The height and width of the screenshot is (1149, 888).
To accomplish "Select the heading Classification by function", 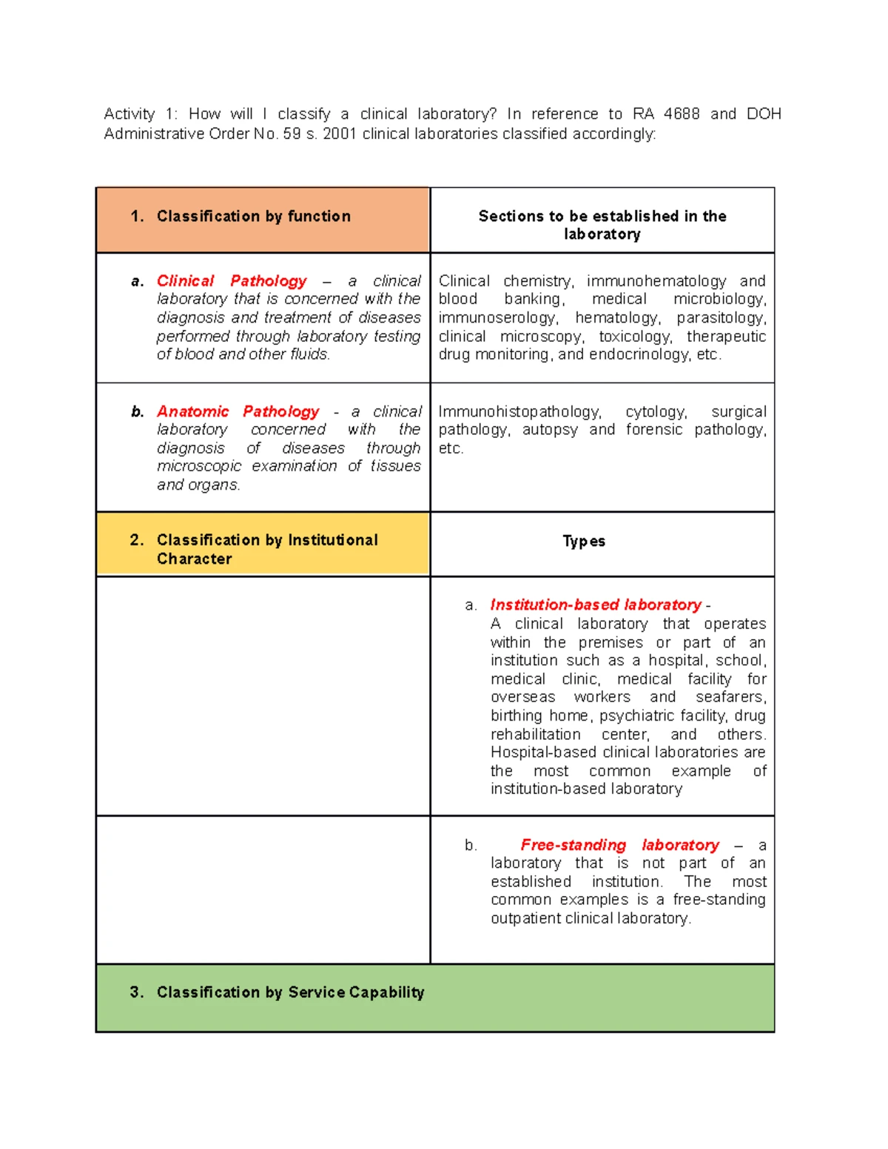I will click(253, 216).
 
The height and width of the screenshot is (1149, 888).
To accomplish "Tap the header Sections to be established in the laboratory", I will click(602, 225).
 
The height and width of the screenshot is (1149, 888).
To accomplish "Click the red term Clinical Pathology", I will click(232, 281).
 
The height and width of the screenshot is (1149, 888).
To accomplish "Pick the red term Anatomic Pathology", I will click(238, 411).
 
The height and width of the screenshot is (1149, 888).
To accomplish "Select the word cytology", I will click(656, 411).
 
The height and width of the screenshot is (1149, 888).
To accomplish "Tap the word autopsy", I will click(550, 430).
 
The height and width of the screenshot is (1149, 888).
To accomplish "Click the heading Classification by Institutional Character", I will click(266, 549).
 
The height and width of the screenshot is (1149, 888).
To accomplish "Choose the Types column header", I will click(584, 541).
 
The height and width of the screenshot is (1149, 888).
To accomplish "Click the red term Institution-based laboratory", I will click(596, 605).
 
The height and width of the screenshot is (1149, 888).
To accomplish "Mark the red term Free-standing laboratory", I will click(619, 845).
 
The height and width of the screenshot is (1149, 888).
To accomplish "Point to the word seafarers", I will click(730, 697).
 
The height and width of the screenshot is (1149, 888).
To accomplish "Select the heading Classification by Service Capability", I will click(290, 992).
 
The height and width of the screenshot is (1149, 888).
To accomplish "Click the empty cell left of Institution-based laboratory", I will click(263, 695).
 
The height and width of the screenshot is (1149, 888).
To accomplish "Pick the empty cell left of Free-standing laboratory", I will click(263, 889).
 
